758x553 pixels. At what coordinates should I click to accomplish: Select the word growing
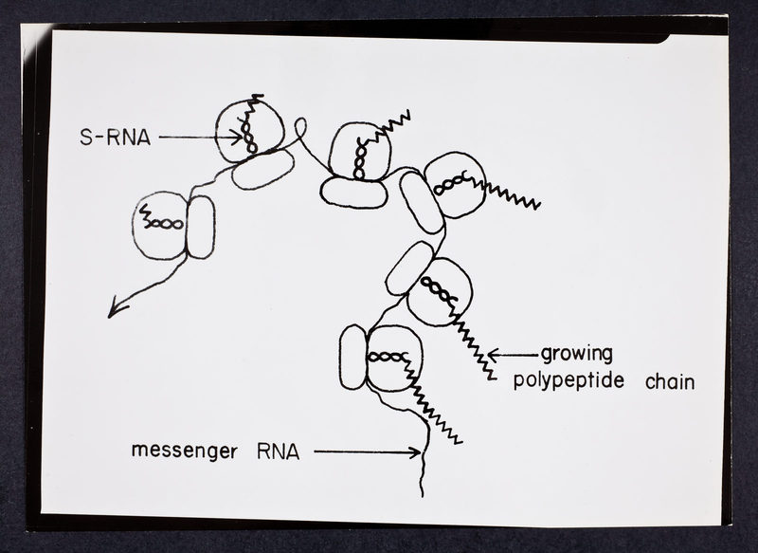pyautogui.click(x=577, y=355)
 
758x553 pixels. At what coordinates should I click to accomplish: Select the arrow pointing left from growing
pyautogui.click(x=512, y=355)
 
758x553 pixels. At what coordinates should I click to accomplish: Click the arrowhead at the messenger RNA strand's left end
pyautogui.click(x=113, y=310)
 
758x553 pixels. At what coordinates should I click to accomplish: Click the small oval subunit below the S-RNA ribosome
pyautogui.click(x=262, y=168)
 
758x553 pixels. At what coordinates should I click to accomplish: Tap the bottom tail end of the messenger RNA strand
pyautogui.click(x=422, y=491)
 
